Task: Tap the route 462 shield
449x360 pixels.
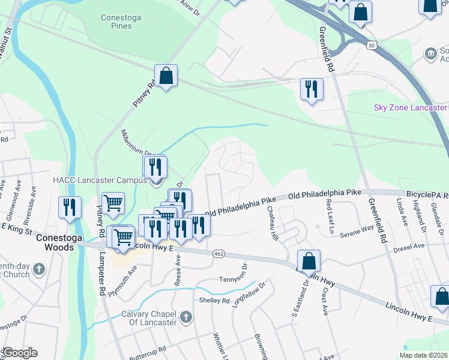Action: tap(220, 254)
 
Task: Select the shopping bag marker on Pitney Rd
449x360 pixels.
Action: tap(166, 76)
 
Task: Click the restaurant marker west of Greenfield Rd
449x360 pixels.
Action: tap(312, 89)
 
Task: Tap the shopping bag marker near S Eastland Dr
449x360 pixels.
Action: tap(309, 261)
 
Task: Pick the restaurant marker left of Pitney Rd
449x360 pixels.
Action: tap(70, 208)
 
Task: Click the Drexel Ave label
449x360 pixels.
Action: tap(409, 246)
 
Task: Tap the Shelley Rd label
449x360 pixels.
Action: tap(214, 301)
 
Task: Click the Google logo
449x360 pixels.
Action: tap(20, 353)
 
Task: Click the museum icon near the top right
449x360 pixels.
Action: tap(430, 54)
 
